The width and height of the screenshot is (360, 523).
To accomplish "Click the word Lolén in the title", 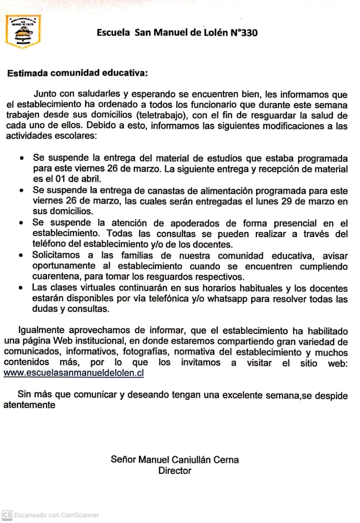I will coord(214,33).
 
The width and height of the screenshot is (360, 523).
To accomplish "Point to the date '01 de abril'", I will coord(77,179).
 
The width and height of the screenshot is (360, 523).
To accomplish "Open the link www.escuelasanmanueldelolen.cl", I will coord(74,373).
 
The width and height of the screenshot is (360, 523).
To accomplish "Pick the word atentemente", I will coord(29,405).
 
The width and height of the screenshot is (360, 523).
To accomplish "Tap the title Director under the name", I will coord(174,471).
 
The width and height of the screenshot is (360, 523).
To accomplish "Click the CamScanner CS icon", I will coord(7,515).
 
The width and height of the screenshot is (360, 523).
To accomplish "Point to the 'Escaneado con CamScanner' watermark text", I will coord(56,515).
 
